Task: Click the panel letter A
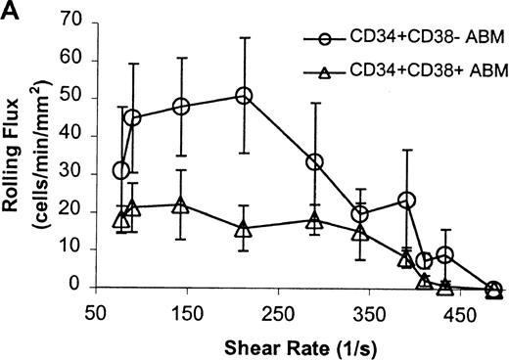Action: click(10, 9)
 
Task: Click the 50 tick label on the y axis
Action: click(68, 98)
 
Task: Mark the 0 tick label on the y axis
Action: click(71, 287)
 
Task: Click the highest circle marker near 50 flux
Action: click(244, 96)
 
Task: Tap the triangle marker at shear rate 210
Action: click(244, 229)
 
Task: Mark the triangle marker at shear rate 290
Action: click(314, 221)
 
